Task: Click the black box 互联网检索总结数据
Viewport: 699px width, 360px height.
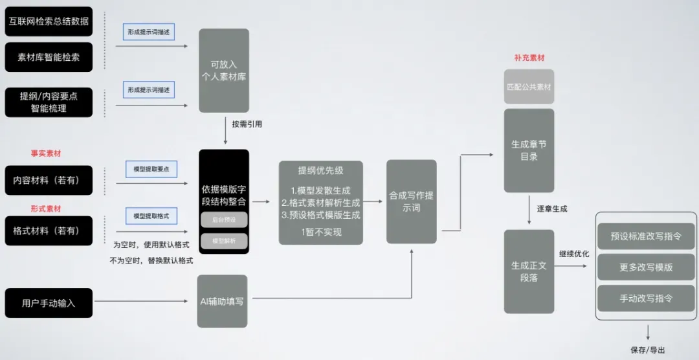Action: coord(49,21)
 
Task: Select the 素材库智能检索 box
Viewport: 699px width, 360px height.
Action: coord(49,57)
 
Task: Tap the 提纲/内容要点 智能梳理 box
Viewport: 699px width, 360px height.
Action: coord(49,102)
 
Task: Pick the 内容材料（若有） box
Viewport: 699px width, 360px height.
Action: coord(49,181)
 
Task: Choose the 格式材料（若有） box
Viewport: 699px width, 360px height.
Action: coord(49,231)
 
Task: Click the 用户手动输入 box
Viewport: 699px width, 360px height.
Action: coord(49,303)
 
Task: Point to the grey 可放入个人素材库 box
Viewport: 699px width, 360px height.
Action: coord(224,71)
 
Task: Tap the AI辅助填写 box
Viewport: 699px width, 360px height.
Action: coord(222,301)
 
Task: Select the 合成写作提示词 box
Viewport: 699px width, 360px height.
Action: coord(412,201)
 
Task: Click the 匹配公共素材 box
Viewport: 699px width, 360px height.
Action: coord(529,86)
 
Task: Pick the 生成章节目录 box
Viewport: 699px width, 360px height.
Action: coord(529,150)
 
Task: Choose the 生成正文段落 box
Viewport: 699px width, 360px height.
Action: coord(529,271)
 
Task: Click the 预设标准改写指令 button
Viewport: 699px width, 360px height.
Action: coord(646,236)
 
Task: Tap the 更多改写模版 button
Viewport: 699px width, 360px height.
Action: coord(646,267)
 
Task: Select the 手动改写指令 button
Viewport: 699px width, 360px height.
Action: coord(646,298)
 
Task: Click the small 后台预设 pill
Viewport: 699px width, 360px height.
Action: coord(224,219)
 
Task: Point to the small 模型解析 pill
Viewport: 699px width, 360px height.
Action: coord(224,241)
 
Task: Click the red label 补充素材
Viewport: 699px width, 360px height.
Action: coord(529,58)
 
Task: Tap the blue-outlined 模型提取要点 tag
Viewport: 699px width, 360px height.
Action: coord(151,169)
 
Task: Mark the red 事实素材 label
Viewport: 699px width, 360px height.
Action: coord(45,154)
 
